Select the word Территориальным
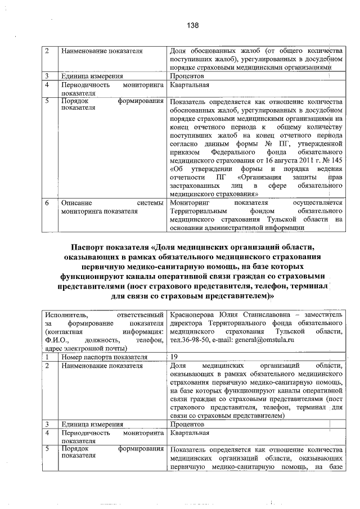pyautogui.click(x=200, y=211)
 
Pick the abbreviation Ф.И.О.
pyautogui.click(x=58, y=332)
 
